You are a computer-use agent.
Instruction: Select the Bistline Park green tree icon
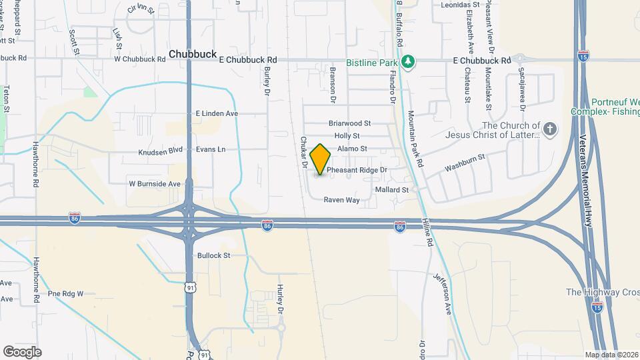pos(409,62)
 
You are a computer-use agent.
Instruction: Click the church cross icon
pos(549,129)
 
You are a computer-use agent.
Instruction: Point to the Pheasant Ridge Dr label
pos(357,170)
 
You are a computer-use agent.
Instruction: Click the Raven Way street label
pos(341,199)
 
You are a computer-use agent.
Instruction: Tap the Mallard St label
pos(391,190)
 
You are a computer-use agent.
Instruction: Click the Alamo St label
pos(352,149)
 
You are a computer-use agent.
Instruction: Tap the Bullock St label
pos(213,255)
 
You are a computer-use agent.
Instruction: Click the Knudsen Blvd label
pos(160,149)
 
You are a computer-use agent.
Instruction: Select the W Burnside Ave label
pos(155,183)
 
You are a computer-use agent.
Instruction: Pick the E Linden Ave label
pos(217,114)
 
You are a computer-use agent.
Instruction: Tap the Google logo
pos(22,351)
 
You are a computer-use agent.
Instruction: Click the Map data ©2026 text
pos(611,355)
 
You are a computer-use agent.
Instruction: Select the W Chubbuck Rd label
pos(139,59)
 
